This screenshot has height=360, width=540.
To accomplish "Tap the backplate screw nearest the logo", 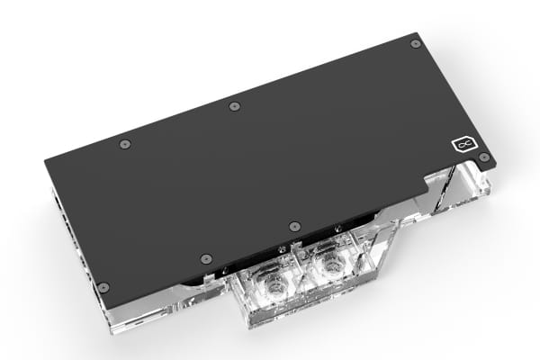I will click(484, 157).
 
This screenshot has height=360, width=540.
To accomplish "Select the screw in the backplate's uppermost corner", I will click(415, 43).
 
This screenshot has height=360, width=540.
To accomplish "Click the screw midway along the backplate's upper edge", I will click(234, 105).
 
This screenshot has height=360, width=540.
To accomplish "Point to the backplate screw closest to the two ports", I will click(293, 225).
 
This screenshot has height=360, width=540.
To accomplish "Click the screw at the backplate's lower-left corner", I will click(103, 287).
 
